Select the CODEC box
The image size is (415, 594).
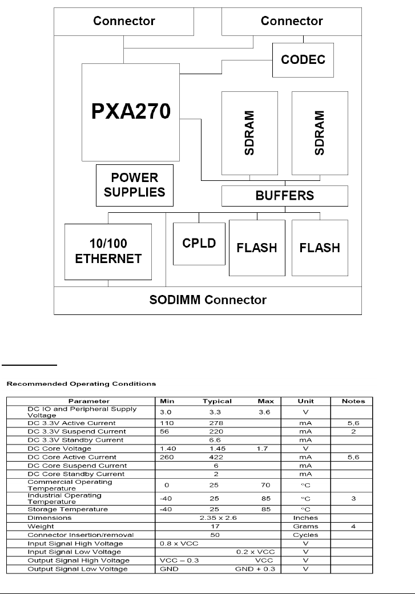303,59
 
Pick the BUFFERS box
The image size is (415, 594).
284,196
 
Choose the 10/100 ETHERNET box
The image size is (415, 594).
108,251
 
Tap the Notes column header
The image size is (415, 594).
353,401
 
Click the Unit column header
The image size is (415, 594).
305,401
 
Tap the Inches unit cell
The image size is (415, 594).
305,518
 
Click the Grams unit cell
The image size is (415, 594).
305,526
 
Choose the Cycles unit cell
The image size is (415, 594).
305,535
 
